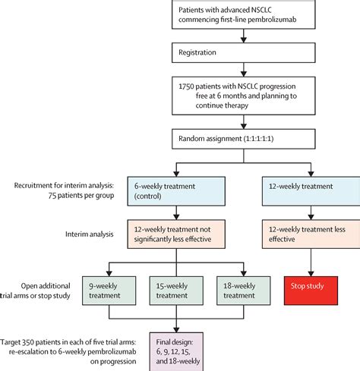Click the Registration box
pos(244,52)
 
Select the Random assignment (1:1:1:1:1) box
pos(244,139)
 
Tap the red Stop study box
pos(311,291)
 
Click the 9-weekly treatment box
pos(109,291)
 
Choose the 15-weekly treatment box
pos(176,291)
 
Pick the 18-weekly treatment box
pos(244,291)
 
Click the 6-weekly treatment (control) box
pos(176,191)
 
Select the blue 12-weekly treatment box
pos(311,191)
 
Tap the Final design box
pos(176,352)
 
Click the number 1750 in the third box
pos(186,86)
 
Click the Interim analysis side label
pos(90,234)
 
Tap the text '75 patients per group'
pos(81,196)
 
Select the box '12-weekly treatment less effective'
pos(311,234)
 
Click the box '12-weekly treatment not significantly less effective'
pos(176,234)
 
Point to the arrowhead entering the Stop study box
pos(311,274)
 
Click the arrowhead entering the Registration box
pos(244,40)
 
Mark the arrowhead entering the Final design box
pos(176,330)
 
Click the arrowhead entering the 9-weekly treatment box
pos(109,274)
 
